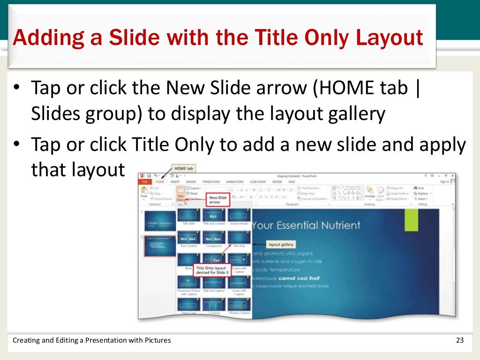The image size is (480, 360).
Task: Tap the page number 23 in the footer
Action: click(x=459, y=340)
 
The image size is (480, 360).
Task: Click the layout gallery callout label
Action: click(x=281, y=244)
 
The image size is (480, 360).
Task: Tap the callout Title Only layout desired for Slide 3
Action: click(x=210, y=270)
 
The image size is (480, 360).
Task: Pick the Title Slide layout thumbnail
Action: click(x=188, y=215)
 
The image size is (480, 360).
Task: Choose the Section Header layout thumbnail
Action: click(x=239, y=215)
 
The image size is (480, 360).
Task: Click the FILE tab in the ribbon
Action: click(x=145, y=181)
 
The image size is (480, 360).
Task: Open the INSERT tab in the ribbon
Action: click(x=175, y=181)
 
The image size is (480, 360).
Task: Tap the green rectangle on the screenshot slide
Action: click(x=411, y=220)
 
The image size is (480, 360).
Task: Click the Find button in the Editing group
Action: click(x=420, y=188)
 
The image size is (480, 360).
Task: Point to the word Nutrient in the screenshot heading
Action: click(x=337, y=225)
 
